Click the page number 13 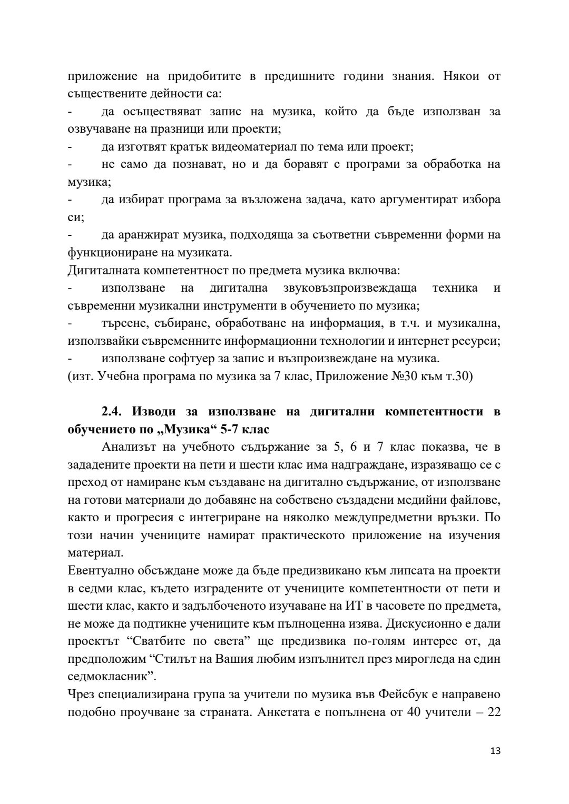coord(495,751)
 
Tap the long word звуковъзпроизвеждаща coord(357,288)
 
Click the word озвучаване coord(99,129)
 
